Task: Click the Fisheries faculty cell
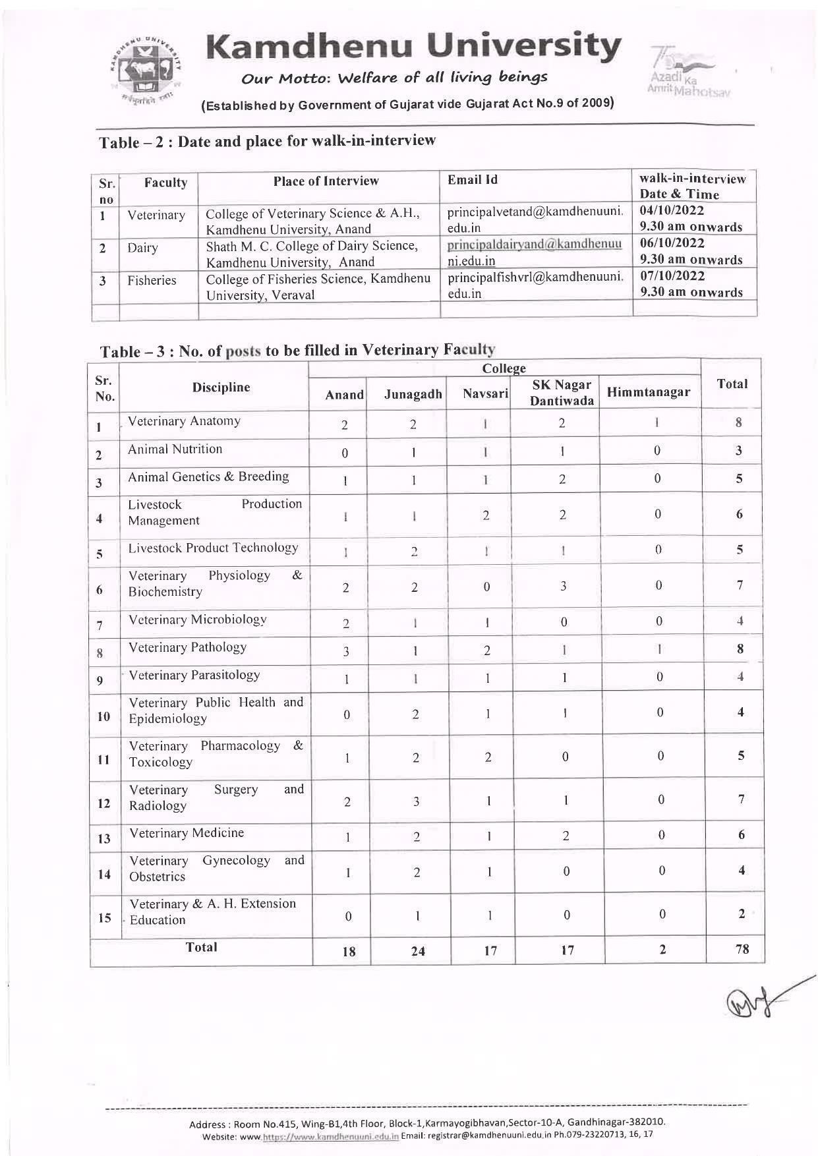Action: click(152, 280)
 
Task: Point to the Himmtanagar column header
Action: click(648, 392)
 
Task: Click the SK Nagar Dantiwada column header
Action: click(562, 392)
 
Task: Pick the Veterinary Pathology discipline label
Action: click(188, 647)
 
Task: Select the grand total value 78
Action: click(742, 950)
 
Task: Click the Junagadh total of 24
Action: click(417, 951)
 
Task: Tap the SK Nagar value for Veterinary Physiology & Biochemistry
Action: click(564, 586)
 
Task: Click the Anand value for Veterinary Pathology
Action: click(346, 651)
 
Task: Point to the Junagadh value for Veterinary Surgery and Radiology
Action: click(415, 801)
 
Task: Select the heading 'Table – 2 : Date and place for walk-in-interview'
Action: click(267, 142)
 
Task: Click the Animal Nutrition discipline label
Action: click(175, 449)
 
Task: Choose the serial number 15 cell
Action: click(104, 917)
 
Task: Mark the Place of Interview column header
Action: click(326, 181)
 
